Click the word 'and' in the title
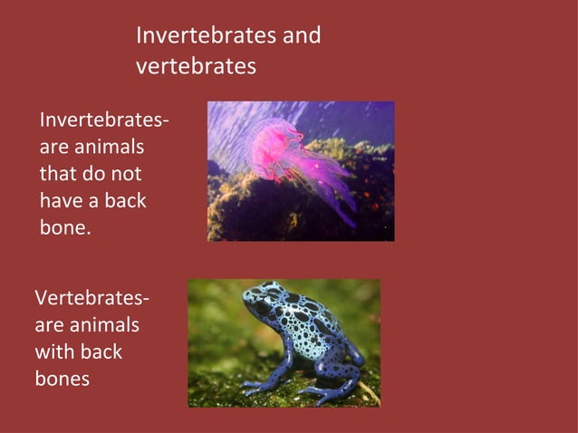point(300,35)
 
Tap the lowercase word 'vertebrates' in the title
point(196,67)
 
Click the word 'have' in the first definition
point(64,200)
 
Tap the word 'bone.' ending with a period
point(65,227)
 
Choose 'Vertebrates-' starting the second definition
point(92,298)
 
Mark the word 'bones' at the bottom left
point(62,379)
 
